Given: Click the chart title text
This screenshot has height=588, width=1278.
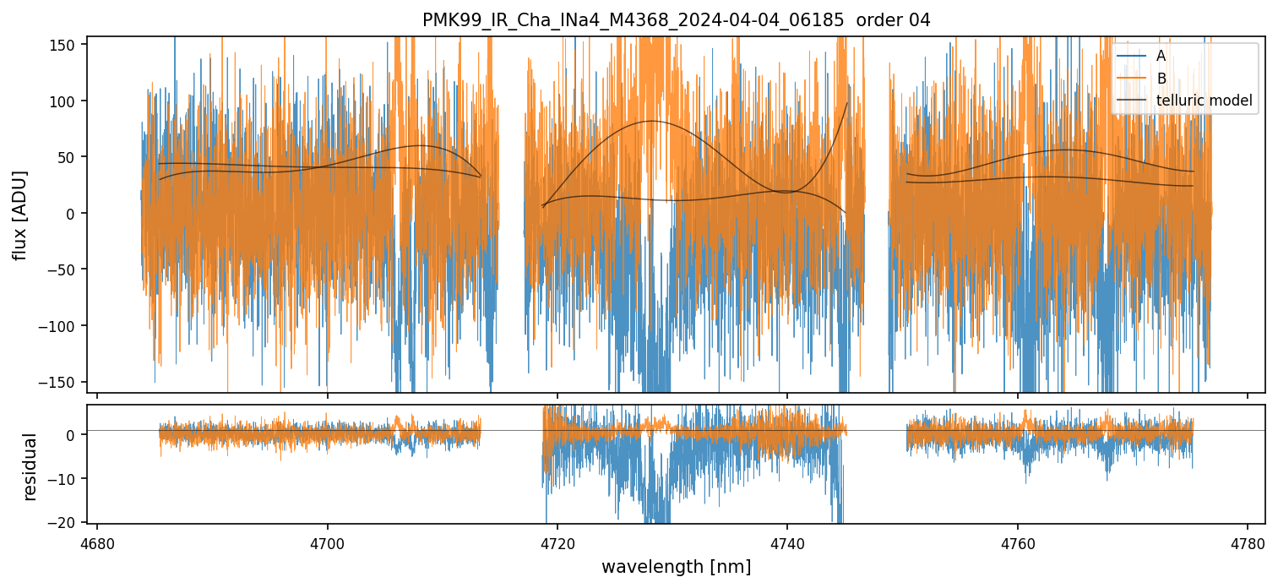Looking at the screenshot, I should pyautogui.click(x=676, y=20).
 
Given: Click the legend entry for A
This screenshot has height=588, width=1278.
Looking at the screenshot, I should pyautogui.click(x=1161, y=56).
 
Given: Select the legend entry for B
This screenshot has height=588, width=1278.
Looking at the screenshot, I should pyautogui.click(x=1161, y=79).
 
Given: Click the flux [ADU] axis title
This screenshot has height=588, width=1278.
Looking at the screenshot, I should pyautogui.click(x=19, y=215).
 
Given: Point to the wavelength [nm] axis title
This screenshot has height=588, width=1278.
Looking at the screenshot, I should pyautogui.click(x=676, y=567).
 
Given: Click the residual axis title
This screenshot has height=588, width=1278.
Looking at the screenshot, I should pyautogui.click(x=31, y=466).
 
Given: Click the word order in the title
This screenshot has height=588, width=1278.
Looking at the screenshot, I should pyautogui.click(x=878, y=20).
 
